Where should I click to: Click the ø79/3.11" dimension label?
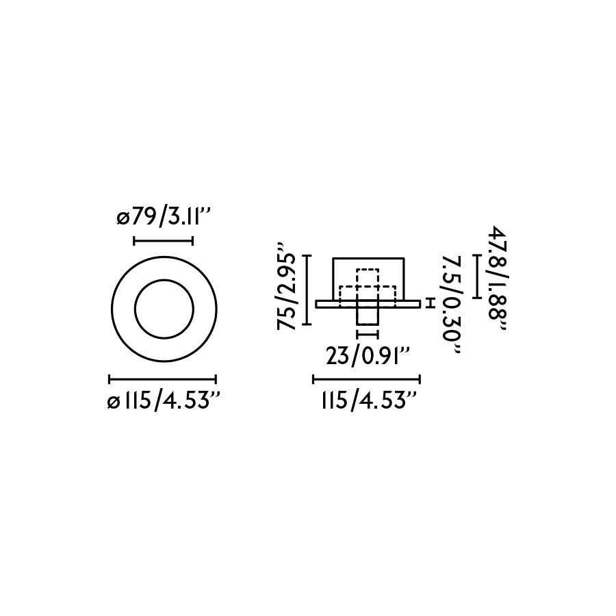[163, 219]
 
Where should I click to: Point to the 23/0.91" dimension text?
[368, 357]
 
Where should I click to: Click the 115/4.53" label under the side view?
[368, 402]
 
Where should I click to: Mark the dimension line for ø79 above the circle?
[163, 240]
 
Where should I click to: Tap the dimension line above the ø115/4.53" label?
[163, 378]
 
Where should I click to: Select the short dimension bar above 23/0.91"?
[368, 335]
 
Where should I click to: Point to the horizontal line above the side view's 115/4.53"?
[366, 378]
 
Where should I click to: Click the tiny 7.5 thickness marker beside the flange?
[430, 303]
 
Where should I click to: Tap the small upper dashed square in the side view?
[368, 277]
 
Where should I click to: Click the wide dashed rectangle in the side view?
[368, 294]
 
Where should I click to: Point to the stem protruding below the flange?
[368, 316]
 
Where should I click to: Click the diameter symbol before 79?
[123, 220]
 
